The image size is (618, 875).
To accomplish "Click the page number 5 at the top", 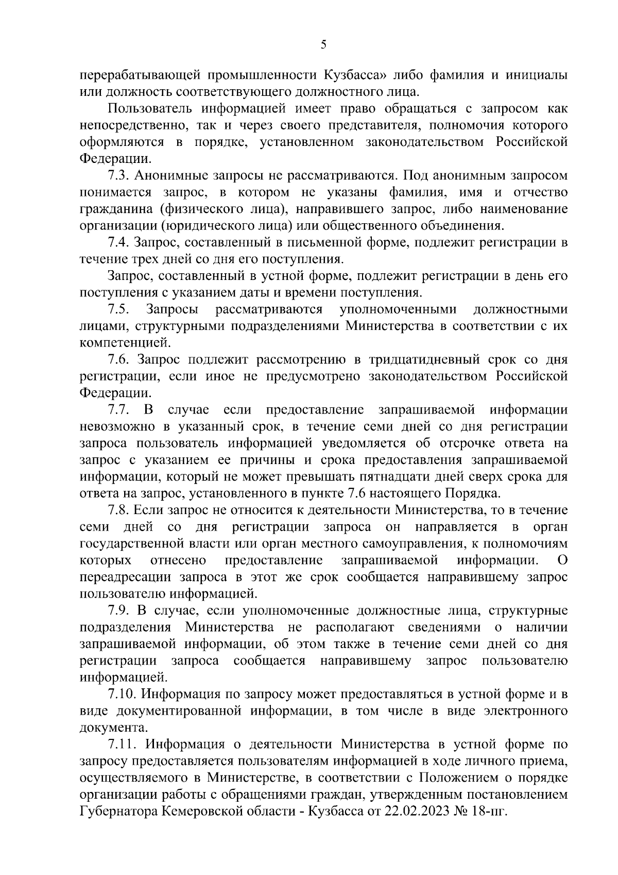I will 323,45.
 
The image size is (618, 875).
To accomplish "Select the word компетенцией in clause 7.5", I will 124,343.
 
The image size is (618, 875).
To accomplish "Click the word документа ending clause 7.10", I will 113,728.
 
